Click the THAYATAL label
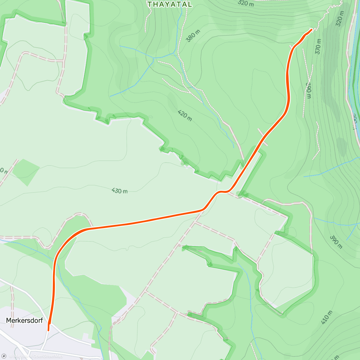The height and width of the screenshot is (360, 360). [169, 4]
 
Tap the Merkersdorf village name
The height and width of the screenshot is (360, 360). [24, 320]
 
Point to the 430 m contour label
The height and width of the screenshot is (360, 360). [119, 191]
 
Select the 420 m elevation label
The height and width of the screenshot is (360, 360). [184, 115]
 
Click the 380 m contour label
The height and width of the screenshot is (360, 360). [193, 36]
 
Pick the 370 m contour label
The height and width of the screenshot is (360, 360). [318, 46]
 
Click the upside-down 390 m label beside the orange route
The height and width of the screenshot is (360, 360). [308, 90]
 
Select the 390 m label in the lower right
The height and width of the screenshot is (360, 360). [336, 242]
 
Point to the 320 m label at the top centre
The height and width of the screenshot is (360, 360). [246, 3]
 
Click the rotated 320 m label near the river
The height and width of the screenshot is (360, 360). [340, 19]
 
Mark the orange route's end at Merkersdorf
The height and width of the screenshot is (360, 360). [48, 330]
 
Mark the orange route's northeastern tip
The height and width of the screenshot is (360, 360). [312, 29]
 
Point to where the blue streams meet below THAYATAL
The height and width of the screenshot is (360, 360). [154, 58]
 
